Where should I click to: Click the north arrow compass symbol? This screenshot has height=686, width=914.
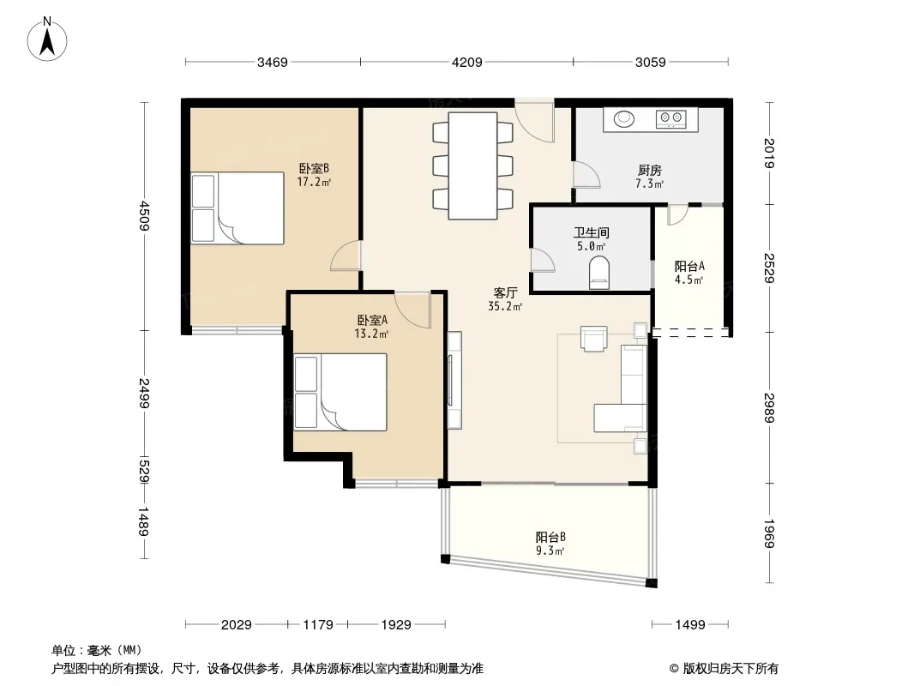pyautogui.click(x=47, y=39)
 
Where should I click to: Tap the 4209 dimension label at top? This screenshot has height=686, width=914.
pyautogui.click(x=467, y=62)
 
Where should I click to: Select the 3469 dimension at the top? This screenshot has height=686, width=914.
pyautogui.click(x=272, y=62)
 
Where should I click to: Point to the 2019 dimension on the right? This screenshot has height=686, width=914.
pyautogui.click(x=769, y=153)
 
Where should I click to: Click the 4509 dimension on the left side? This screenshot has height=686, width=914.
pyautogui.click(x=145, y=215)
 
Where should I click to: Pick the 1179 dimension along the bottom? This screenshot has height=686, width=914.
pyautogui.click(x=318, y=625)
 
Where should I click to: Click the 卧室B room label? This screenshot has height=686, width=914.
pyautogui.click(x=314, y=168)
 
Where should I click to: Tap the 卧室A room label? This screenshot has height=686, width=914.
pyautogui.click(x=372, y=320)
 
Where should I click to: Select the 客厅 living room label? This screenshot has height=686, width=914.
pyautogui.click(x=505, y=292)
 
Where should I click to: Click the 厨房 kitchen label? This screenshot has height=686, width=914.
pyautogui.click(x=649, y=170)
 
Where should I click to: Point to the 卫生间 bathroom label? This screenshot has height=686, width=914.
pyautogui.click(x=591, y=232)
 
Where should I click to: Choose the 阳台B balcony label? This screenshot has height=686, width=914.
pyautogui.click(x=550, y=537)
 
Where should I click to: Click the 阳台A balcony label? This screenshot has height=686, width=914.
pyautogui.click(x=689, y=267)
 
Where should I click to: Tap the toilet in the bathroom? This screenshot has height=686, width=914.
pyautogui.click(x=598, y=273)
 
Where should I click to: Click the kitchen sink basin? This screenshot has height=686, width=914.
pyautogui.click(x=624, y=118)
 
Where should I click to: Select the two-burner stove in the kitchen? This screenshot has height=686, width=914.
pyautogui.click(x=670, y=119)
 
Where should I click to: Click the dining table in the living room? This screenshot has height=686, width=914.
pyautogui.click(x=472, y=165)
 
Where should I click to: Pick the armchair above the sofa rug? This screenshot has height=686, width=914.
pyautogui.click(x=594, y=339)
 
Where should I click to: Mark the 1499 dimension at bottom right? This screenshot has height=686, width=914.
pyautogui.click(x=690, y=625)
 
